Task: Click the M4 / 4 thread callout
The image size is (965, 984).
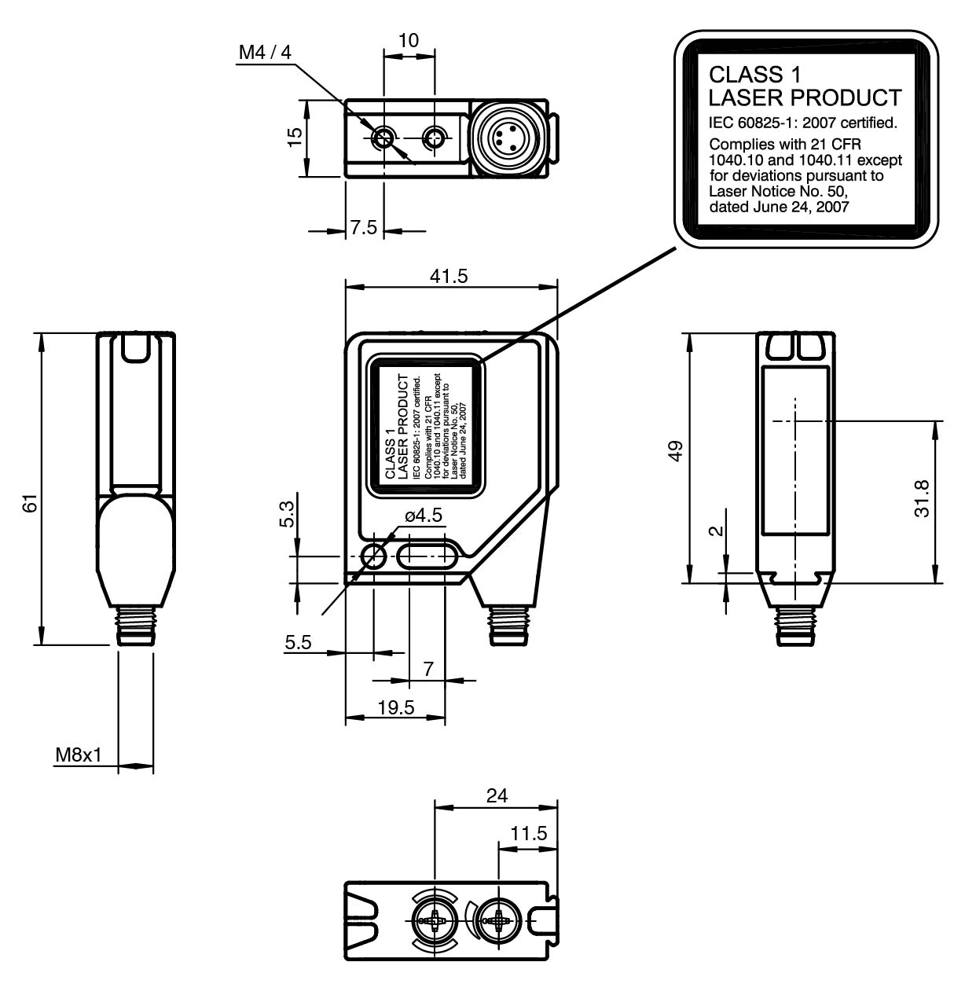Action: [x=265, y=53]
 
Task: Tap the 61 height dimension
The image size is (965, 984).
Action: [x=29, y=503]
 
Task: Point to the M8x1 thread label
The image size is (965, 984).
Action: [x=78, y=756]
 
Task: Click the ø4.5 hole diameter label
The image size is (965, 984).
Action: [x=424, y=516]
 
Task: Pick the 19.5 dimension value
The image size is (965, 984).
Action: [x=395, y=707]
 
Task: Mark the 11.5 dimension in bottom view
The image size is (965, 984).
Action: [x=528, y=834]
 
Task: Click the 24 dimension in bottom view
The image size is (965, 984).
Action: [x=496, y=795]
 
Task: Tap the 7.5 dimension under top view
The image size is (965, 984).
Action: [x=363, y=227]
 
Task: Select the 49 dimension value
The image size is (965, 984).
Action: [x=674, y=453]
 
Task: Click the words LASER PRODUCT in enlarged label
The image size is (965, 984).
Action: [x=804, y=98]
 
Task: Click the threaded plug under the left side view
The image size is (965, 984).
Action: [x=134, y=626]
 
